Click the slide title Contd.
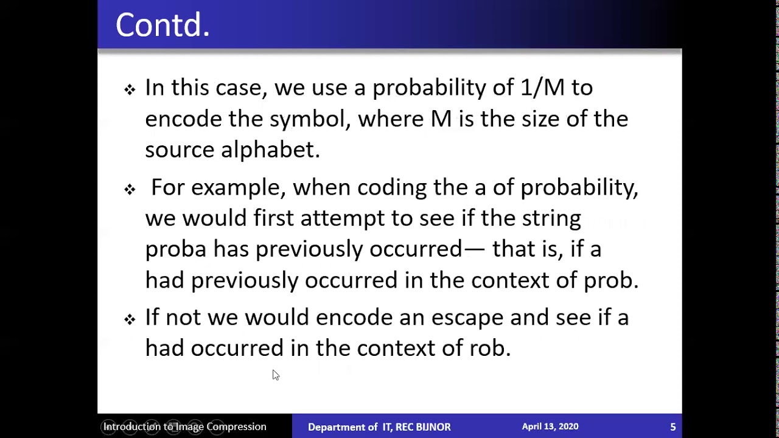[x=162, y=26]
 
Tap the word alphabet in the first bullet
[x=270, y=150]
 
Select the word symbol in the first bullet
[x=310, y=119]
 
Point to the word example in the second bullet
[x=238, y=188]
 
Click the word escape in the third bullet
[x=467, y=318]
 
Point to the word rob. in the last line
[x=490, y=349]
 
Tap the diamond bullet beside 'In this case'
[x=130, y=90]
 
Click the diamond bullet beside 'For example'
[x=130, y=190]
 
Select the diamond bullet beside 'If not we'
[x=130, y=319]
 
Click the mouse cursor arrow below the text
[x=275, y=375]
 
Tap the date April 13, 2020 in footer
[x=550, y=426]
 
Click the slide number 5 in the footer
[x=673, y=427]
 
